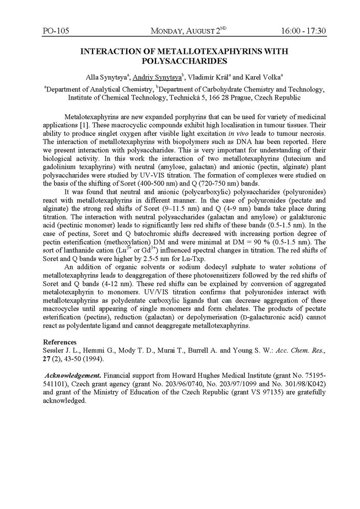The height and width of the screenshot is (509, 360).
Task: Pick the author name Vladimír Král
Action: click(x=209, y=77)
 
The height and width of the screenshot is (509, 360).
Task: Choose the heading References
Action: click(x=60, y=342)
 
